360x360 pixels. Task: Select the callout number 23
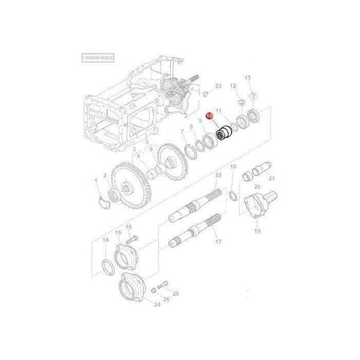click(x=217, y=85)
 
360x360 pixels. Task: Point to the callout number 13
click(x=247, y=77)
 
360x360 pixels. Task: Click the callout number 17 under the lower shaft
click(x=217, y=243)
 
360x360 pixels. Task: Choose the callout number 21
click(x=270, y=179)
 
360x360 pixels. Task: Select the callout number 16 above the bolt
click(x=128, y=227)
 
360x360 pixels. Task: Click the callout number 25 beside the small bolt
click(x=167, y=297)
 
